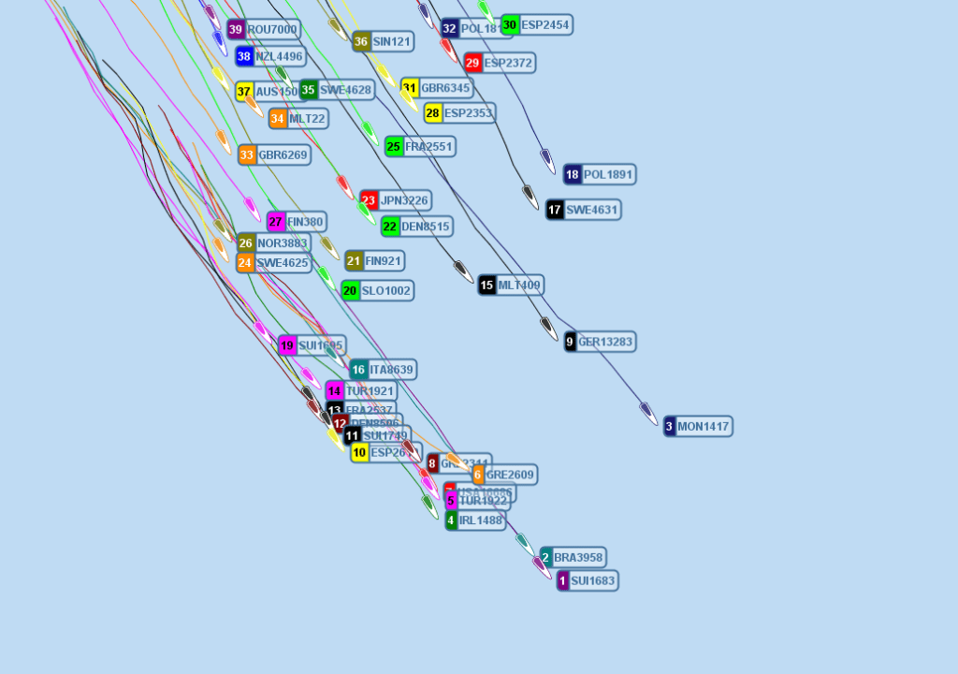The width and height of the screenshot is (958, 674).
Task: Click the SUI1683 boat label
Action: pos(593,581)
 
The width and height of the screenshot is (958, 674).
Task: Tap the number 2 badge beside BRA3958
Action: pos(546,557)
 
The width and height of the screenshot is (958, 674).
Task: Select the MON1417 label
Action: pos(704,427)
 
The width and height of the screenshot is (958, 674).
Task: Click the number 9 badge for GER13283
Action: pos(570,342)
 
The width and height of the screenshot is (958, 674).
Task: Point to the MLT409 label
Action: pos(519,286)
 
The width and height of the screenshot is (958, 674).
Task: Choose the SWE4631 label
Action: pos(592,210)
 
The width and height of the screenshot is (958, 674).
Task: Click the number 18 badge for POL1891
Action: pos(572,174)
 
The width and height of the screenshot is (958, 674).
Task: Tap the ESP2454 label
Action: pos(546,25)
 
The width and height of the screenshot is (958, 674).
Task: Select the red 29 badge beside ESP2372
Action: pos(472,63)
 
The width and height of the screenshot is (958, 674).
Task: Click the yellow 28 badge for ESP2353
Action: pos(432,113)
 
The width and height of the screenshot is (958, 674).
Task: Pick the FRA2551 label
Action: pos(428,146)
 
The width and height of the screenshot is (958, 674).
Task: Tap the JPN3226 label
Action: pos(404,200)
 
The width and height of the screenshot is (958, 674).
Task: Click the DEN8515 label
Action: pos(426,226)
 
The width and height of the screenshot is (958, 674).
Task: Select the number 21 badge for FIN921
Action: pos(354,260)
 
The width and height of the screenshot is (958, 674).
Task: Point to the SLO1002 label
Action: pos(385,291)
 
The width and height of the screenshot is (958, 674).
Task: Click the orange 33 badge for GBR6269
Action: pos(247,154)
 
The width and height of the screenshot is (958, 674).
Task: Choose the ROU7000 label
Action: pos(272,30)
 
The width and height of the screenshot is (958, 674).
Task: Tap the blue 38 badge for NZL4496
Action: pos(244,56)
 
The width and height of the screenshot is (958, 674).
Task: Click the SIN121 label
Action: pos(392,41)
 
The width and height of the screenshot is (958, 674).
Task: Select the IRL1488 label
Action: pos(481,520)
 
